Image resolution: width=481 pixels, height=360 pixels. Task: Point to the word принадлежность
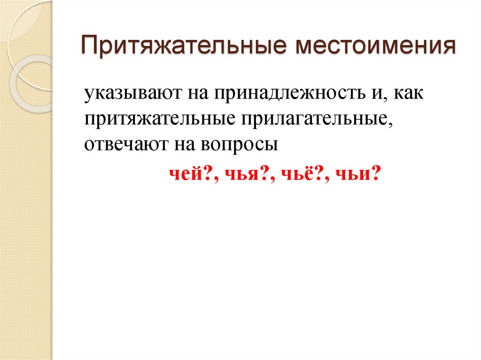[x=285, y=94]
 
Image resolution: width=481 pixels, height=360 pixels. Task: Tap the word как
[x=409, y=94]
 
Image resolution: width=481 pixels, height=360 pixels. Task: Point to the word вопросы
[x=239, y=145]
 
